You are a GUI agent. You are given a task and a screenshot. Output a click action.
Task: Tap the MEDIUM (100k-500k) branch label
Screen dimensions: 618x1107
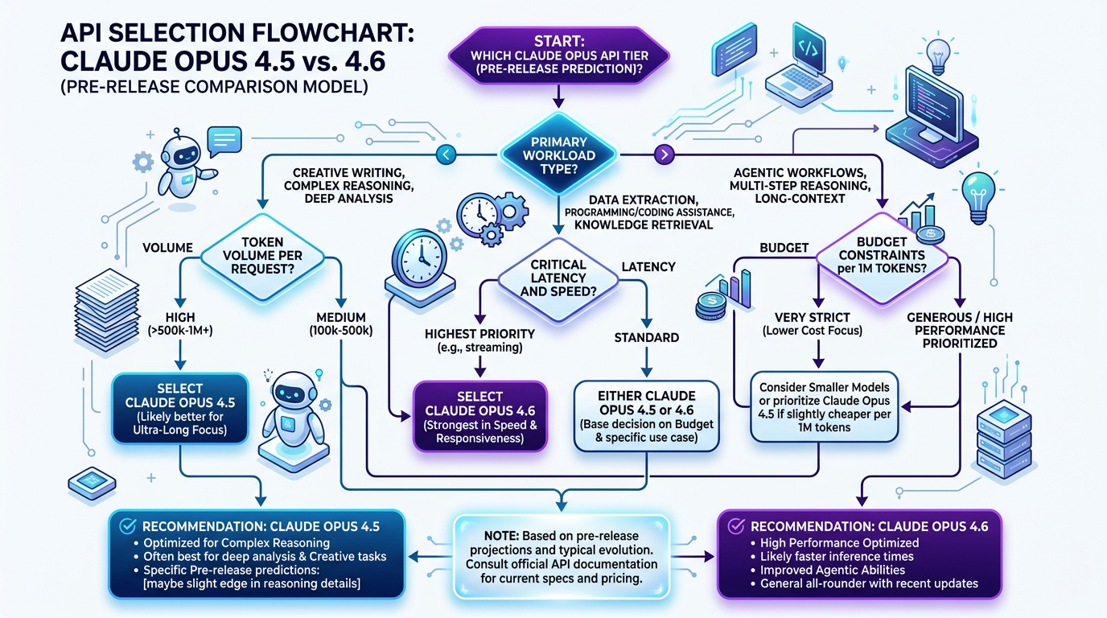point(342,324)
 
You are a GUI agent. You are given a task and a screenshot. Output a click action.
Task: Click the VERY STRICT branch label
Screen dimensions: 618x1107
point(818,324)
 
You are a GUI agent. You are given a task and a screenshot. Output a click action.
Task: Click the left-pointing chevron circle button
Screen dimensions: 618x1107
point(447,154)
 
